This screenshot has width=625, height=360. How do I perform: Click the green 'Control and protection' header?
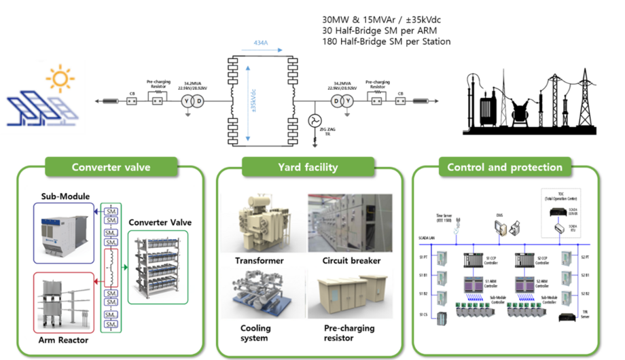point(504,167)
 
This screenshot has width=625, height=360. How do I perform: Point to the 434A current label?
point(260,42)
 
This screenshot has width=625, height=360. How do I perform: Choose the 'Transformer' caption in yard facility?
point(258,260)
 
